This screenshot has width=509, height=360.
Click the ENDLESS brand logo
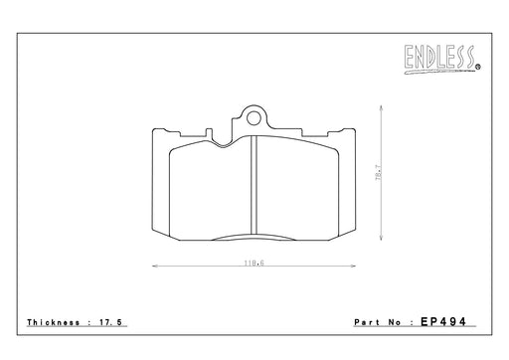441,59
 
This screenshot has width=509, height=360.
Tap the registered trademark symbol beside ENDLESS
478,67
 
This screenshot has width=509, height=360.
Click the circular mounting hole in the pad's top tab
254,118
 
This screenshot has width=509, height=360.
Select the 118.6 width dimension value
254,264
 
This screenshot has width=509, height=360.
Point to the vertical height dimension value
379,173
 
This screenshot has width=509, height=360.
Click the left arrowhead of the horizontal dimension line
154,266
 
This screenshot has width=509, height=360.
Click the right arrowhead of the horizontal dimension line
353,266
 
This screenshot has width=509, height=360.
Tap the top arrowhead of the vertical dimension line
381,107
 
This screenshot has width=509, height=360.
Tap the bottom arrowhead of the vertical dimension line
381,238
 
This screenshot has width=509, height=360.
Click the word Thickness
54,322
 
